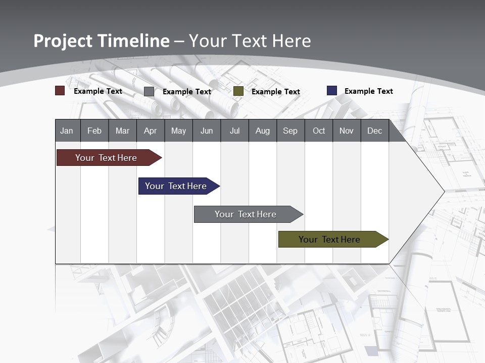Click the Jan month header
67,131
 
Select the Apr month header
150,131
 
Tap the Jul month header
234,131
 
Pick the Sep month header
290,131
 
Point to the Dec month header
374,131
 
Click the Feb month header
94,131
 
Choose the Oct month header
319,131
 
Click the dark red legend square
60,91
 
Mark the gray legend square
149,91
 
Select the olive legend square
238,91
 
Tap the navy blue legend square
332,91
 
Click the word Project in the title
63,41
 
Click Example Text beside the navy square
368,91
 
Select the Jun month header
207,131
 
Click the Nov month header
347,131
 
